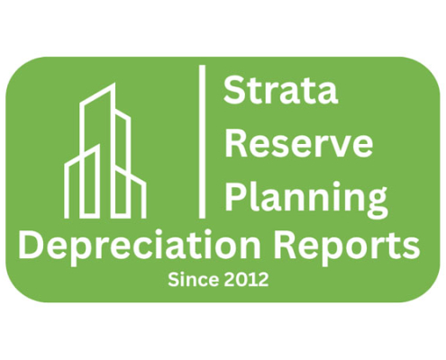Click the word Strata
[281, 89]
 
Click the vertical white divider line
[203, 141]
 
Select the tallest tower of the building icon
[97, 150]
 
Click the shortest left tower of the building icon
[82, 181]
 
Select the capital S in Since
[174, 280]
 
